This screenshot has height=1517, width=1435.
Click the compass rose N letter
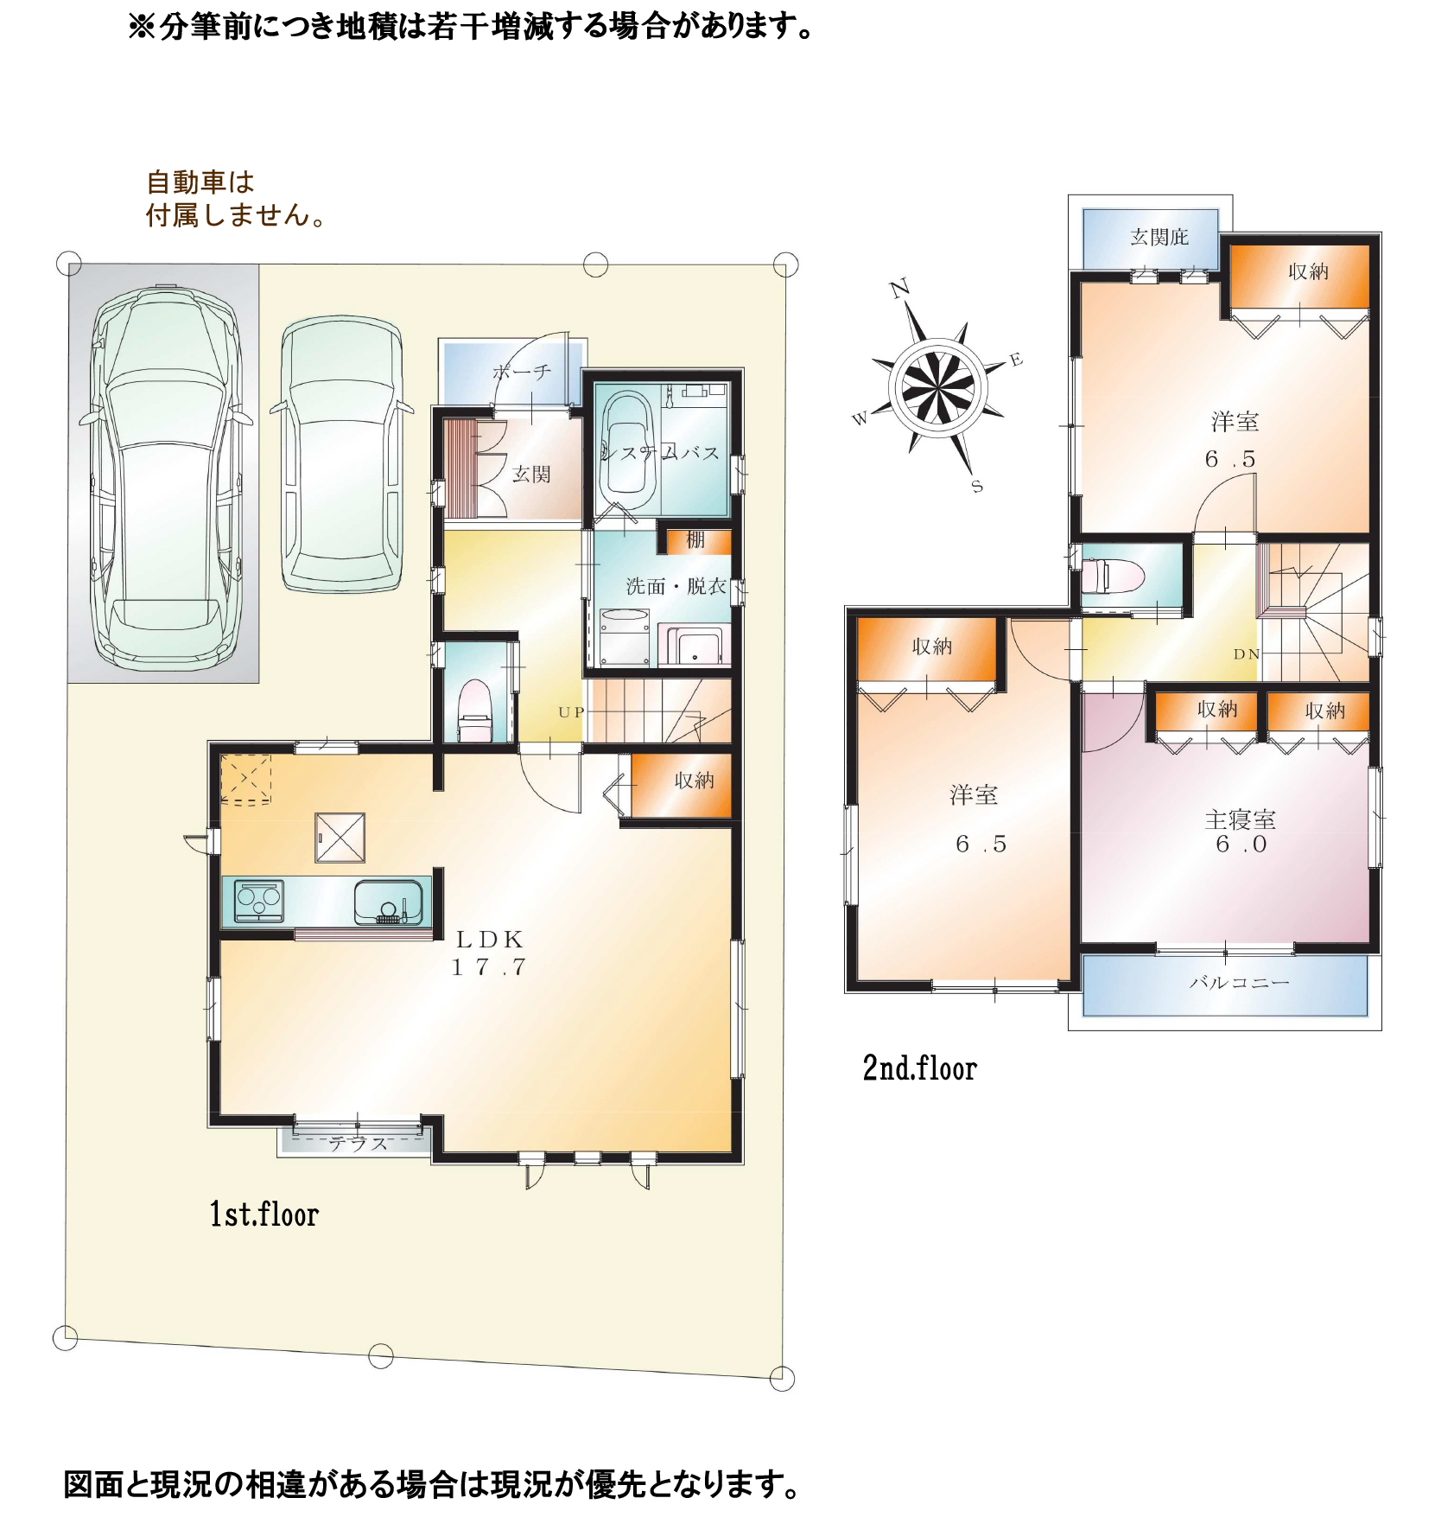coord(900,288)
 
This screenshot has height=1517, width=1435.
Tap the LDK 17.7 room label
coord(490,953)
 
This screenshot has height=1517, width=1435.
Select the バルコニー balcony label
coord(1239,982)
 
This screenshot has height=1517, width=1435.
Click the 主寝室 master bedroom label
coord(1240,819)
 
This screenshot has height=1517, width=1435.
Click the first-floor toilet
coord(474,711)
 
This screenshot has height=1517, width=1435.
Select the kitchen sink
coord(388,902)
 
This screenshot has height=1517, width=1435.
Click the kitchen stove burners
coord(259,901)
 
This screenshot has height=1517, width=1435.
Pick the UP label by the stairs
coord(571,712)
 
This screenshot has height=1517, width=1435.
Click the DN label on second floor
coord(1246,654)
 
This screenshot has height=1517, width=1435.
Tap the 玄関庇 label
coord(1159,237)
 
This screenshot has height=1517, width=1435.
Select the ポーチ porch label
coord(522,372)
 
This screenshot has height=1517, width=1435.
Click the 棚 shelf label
coord(695,540)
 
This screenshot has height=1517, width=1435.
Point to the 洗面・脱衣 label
coord(676,586)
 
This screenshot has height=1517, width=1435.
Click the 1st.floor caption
coord(264,1214)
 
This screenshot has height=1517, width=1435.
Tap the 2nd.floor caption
coord(920,1068)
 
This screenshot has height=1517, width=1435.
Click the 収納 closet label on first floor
coord(695,781)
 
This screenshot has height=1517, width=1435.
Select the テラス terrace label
coord(359,1143)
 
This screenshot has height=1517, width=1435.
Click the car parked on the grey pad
coord(164,478)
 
